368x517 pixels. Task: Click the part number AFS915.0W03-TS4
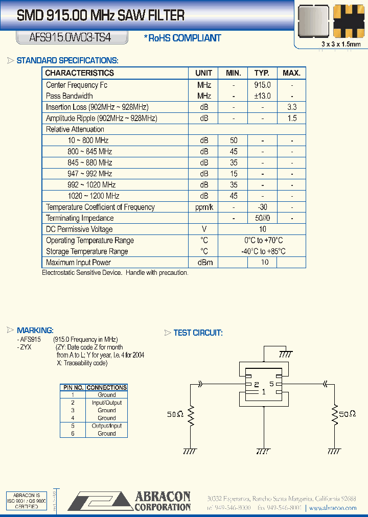tap(63, 37)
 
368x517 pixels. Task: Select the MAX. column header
tap(291, 73)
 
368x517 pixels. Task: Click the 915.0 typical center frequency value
tap(262, 85)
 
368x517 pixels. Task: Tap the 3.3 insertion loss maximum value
tap(292, 107)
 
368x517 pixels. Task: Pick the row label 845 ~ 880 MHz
tap(89, 162)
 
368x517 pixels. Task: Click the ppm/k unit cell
tap(203, 207)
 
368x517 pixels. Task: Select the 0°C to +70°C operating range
tap(262, 240)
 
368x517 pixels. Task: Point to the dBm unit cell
tap(203, 263)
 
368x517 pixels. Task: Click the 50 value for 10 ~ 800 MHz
tap(233, 140)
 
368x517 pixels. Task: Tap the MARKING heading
tap(35, 331)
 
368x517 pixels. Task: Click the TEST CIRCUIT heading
tap(198, 333)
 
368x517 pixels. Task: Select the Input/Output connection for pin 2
tap(106, 403)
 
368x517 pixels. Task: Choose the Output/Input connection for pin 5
tap(106, 426)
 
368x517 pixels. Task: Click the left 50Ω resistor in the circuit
tap(191, 415)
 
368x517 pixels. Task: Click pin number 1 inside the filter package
tap(263, 392)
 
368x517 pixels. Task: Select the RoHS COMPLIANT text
tap(182, 38)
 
